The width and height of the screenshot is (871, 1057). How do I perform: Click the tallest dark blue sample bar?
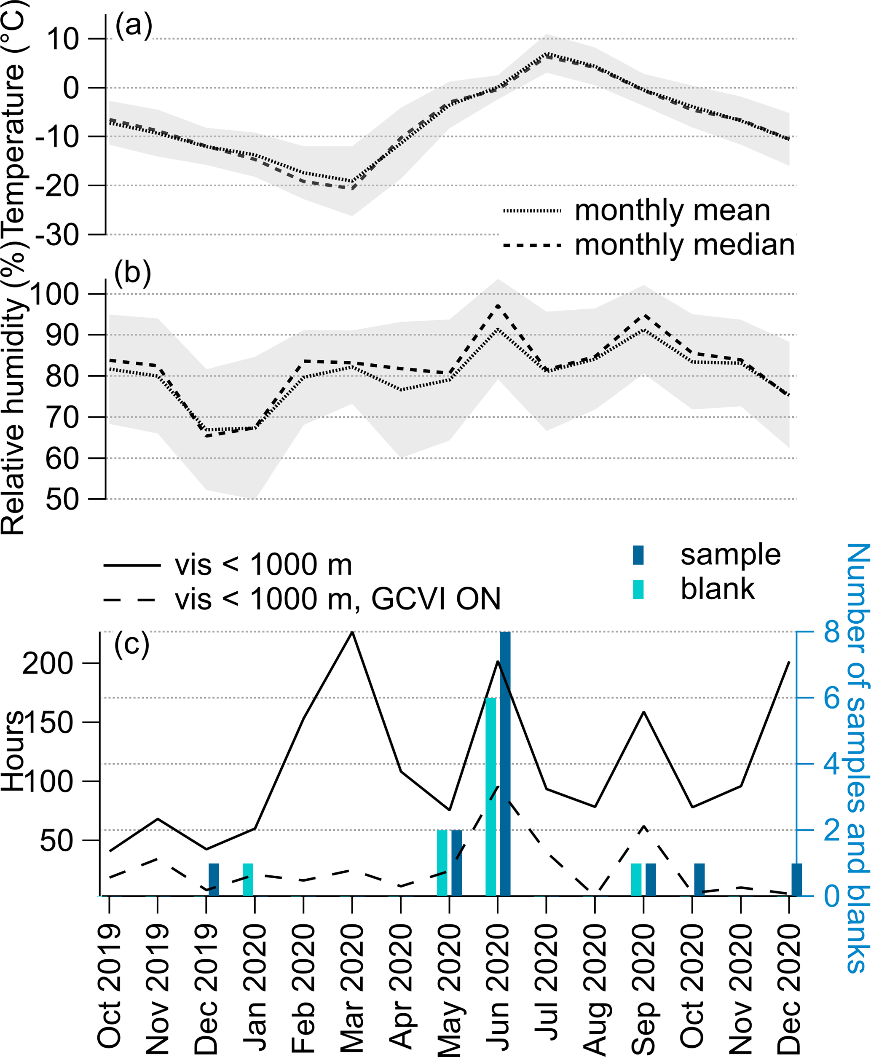(x=505, y=762)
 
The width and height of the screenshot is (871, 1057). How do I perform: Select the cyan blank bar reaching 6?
(x=490, y=796)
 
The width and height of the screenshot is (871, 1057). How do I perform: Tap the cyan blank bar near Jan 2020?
(x=248, y=879)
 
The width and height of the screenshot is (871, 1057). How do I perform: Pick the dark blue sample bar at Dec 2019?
(x=214, y=879)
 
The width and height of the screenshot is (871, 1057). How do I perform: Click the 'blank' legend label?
(x=718, y=589)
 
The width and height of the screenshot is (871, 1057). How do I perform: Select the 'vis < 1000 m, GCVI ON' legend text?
(x=338, y=599)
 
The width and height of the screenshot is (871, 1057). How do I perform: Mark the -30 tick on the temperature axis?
(x=58, y=234)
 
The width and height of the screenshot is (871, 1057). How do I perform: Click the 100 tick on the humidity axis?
(x=55, y=294)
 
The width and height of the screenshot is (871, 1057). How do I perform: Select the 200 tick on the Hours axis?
(x=48, y=663)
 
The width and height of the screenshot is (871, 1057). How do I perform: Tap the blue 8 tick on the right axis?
(x=831, y=632)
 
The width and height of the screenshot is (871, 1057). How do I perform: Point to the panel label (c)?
(x=131, y=644)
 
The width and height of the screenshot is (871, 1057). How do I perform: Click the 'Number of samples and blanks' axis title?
(x=857, y=758)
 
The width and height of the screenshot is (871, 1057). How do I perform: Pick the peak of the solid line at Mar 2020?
(x=352, y=633)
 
